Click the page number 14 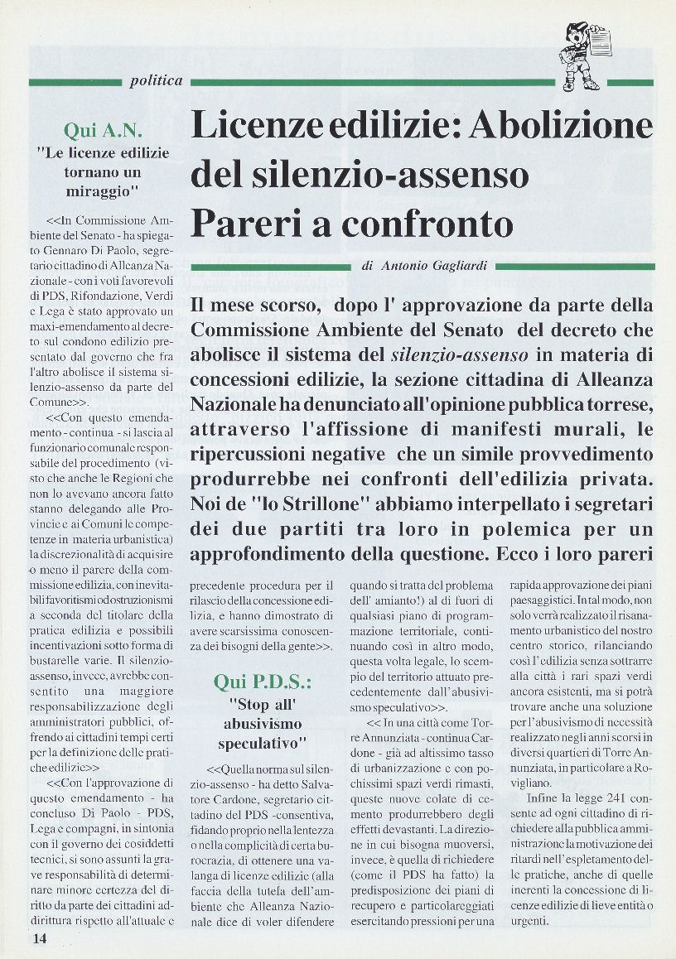pos(40,938)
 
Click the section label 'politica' pos(156,80)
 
